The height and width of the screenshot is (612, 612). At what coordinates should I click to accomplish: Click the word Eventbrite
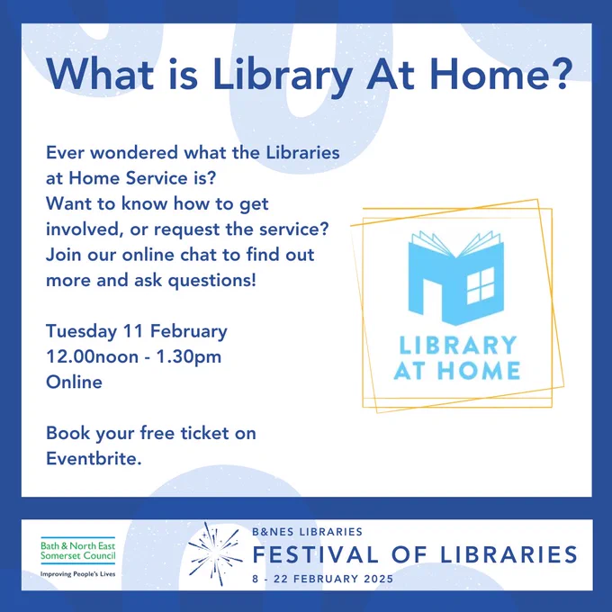(94, 458)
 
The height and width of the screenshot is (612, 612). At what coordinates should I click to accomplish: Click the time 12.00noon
(92, 356)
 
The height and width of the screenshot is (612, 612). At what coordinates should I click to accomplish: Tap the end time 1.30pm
(189, 357)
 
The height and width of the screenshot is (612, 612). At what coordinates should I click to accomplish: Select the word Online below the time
(74, 382)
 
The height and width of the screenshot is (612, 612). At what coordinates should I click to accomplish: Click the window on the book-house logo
(481, 285)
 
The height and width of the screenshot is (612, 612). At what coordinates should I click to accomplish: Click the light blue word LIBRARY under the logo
(458, 345)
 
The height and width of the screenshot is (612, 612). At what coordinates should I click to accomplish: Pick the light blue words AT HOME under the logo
(457, 370)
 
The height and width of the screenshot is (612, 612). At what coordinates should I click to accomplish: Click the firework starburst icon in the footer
(214, 553)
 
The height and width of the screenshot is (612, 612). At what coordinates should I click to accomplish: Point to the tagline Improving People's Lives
(78, 574)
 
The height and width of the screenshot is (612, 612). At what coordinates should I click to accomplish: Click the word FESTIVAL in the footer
(315, 554)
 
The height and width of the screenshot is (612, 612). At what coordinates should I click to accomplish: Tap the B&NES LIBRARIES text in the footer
(307, 532)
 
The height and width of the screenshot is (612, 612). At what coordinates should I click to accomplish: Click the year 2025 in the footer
(379, 579)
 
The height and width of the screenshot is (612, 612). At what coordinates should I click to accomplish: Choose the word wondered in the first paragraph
(134, 152)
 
